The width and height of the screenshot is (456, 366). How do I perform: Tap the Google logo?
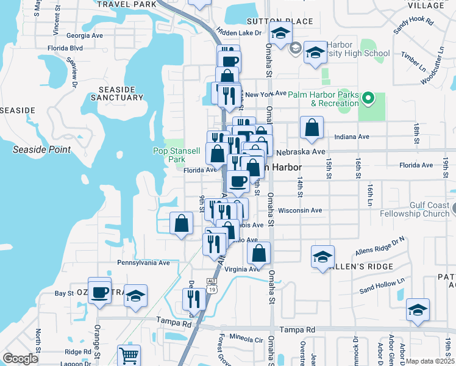tap(20, 359)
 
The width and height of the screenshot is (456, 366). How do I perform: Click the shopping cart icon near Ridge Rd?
tap(129, 355)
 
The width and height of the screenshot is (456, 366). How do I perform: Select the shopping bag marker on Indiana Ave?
tap(312, 127)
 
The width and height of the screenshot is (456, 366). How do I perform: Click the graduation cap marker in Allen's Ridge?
tap(322, 256)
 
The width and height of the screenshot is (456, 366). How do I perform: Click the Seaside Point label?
tap(42, 149)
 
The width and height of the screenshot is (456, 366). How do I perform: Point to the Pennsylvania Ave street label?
tap(143, 263)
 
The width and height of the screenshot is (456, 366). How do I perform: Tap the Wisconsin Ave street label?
tap(299, 210)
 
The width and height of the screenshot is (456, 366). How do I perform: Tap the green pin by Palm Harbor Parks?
tap(368, 98)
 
